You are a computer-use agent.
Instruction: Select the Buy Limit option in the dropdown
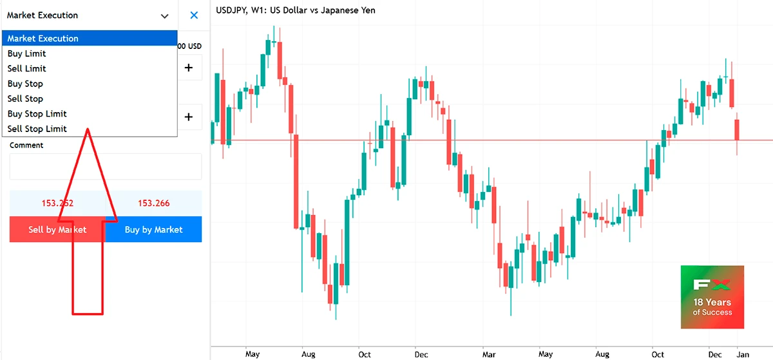pyautogui.click(x=27, y=53)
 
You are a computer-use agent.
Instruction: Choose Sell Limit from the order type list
pyautogui.click(x=27, y=68)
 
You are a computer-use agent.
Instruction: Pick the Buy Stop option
pyautogui.click(x=26, y=84)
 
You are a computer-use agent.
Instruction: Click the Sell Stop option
pyautogui.click(x=26, y=99)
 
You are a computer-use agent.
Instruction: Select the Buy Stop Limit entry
pyautogui.click(x=37, y=114)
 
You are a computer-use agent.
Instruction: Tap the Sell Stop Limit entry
pyautogui.click(x=37, y=129)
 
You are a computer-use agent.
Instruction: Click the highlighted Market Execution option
pyautogui.click(x=43, y=39)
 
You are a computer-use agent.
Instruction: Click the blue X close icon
pyautogui.click(x=194, y=15)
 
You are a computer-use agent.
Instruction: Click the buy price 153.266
pyautogui.click(x=154, y=204)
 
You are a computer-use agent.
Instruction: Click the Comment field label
pyautogui.click(x=26, y=146)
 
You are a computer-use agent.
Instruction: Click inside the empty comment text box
pyautogui.click(x=105, y=167)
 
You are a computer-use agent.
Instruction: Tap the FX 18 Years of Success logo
pyautogui.click(x=712, y=297)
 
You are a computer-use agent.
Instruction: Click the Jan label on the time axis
pyautogui.click(x=743, y=354)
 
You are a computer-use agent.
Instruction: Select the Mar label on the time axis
pyautogui.click(x=490, y=354)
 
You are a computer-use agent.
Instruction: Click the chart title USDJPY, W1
pyautogui.click(x=296, y=10)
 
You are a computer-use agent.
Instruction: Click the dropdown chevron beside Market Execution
pyautogui.click(x=165, y=16)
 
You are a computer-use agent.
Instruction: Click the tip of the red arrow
pyautogui.click(x=88, y=129)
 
